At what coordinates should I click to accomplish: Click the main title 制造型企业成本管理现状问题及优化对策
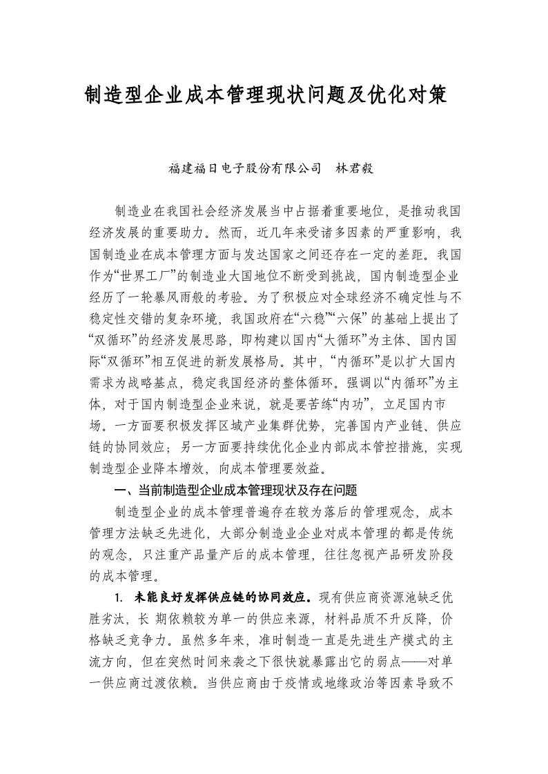(266, 95)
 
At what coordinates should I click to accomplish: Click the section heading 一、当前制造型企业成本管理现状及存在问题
(235, 490)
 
